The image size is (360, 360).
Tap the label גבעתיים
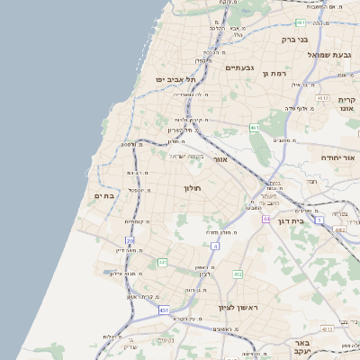pyautogui.click(x=239, y=67)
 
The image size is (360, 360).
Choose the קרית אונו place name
pyautogui.click(x=347, y=103)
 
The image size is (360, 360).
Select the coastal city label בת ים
pyautogui.click(x=103, y=195)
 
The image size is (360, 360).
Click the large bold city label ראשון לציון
pyautogui.click(x=238, y=308)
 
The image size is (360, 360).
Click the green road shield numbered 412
pyautogui.click(x=238, y=274)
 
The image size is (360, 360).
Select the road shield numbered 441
pyautogui.click(x=163, y=263)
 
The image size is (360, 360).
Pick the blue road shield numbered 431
pyautogui.click(x=164, y=310)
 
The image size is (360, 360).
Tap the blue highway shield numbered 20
pyautogui.click(x=130, y=241)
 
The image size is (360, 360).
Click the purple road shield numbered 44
pyautogui.click(x=266, y=218)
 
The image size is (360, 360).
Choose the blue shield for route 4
pyautogui.click(x=215, y=245)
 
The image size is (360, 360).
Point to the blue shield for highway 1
pyautogui.click(x=319, y=219)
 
